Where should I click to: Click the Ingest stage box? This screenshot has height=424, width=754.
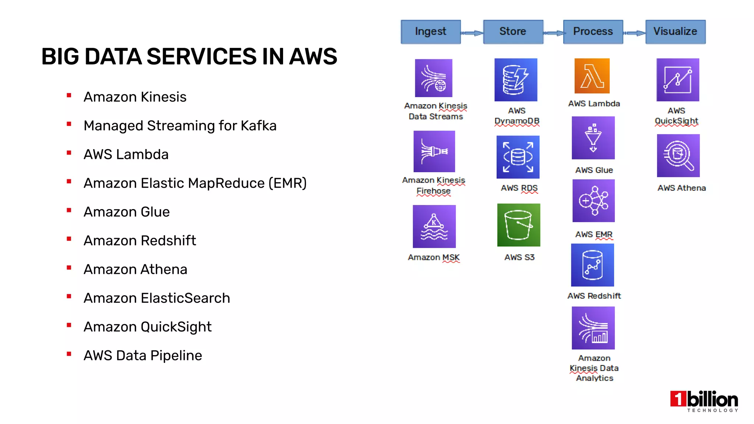pyautogui.click(x=430, y=32)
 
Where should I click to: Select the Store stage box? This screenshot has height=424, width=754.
pyautogui.click(x=513, y=32)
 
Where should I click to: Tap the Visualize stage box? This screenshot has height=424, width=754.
pyautogui.click(x=675, y=32)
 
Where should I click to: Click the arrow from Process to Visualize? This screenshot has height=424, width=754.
pyautogui.click(x=634, y=33)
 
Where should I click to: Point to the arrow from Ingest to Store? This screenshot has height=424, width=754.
pyautogui.click(x=472, y=33)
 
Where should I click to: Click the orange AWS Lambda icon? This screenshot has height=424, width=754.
pyautogui.click(x=592, y=76)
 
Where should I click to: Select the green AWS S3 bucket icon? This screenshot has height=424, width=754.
pyautogui.click(x=518, y=225)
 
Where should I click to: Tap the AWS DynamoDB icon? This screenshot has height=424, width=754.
pyautogui.click(x=516, y=80)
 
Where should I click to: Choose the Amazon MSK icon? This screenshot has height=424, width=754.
pyautogui.click(x=434, y=226)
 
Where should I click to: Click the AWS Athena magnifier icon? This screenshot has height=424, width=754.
pyautogui.click(x=678, y=156)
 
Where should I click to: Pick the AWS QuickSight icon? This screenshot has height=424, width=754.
pyautogui.click(x=677, y=80)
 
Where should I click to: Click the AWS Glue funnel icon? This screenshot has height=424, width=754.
pyautogui.click(x=593, y=138)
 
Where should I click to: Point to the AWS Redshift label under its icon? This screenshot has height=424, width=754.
pyautogui.click(x=594, y=296)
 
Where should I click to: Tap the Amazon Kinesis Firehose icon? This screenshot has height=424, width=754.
pyautogui.click(x=434, y=151)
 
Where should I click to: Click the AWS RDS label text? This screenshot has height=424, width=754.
pyautogui.click(x=519, y=188)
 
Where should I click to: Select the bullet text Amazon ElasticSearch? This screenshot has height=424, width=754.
pyautogui.click(x=157, y=298)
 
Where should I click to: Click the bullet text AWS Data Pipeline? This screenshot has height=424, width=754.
pyautogui.click(x=143, y=356)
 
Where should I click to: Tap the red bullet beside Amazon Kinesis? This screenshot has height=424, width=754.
pyautogui.click(x=69, y=96)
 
